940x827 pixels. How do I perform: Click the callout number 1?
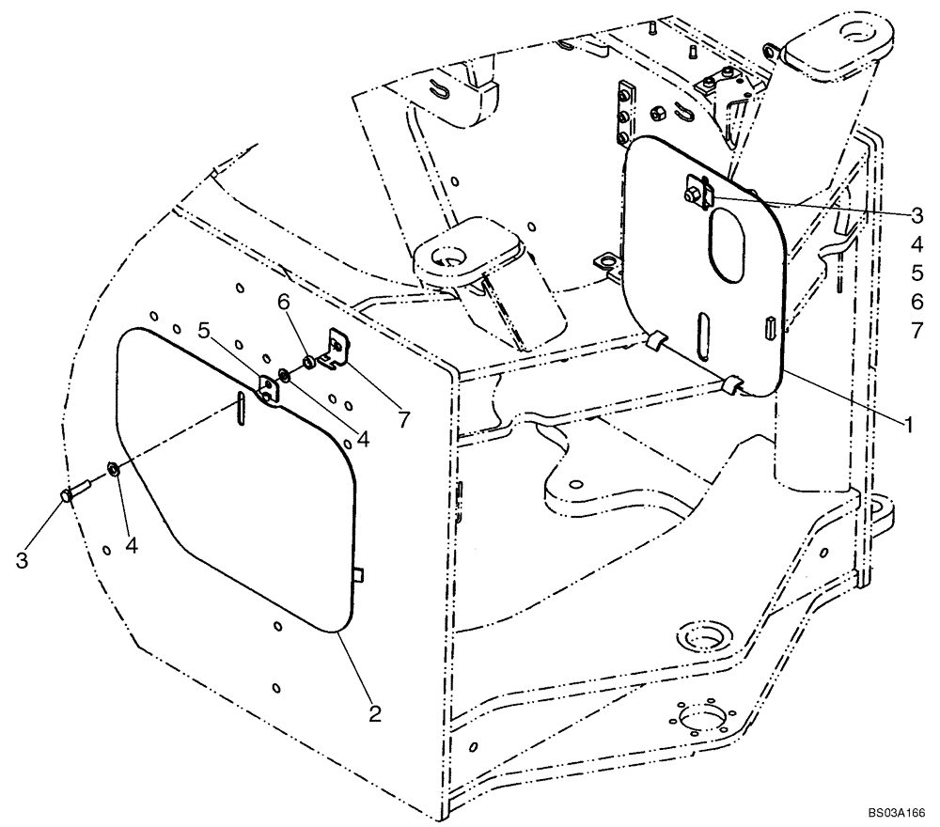(x=908, y=425)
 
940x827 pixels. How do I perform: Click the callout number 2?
(x=374, y=714)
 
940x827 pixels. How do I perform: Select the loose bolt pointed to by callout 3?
(x=73, y=492)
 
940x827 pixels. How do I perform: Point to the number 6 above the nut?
(x=283, y=303)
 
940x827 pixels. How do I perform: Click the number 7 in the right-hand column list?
(x=916, y=330)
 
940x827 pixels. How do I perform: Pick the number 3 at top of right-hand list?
(x=916, y=215)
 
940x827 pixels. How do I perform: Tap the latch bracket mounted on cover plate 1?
(x=697, y=192)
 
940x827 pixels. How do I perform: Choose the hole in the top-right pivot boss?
(x=858, y=34)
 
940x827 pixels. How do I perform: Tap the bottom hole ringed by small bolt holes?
(x=700, y=721)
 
